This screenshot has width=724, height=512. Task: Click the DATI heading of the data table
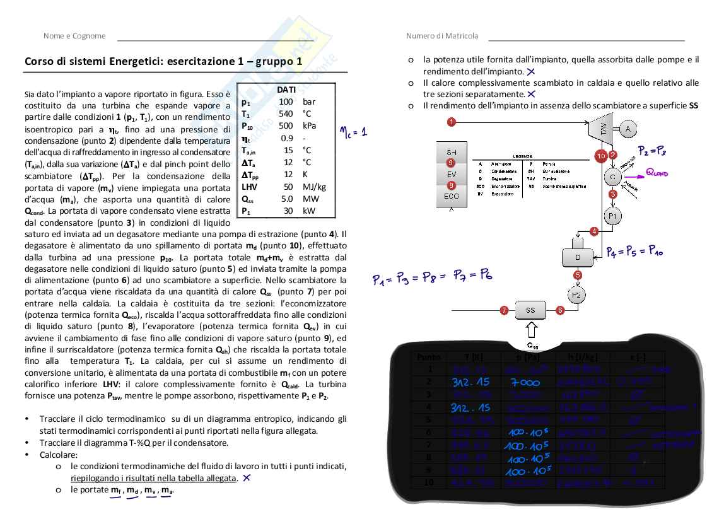(x=286, y=90)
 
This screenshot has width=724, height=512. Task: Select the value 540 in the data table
(x=286, y=113)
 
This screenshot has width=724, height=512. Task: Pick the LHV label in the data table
(x=248, y=187)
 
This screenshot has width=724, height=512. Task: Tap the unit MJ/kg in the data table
(x=313, y=187)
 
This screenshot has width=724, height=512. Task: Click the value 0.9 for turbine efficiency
(x=287, y=138)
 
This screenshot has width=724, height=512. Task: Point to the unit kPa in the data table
(x=309, y=125)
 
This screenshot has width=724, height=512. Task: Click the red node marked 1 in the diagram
(x=452, y=121)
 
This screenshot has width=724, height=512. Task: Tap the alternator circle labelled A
(x=628, y=129)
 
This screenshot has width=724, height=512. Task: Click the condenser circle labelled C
(x=612, y=177)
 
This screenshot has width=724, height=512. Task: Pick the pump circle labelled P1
(x=612, y=216)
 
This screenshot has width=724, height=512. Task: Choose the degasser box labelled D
(x=578, y=257)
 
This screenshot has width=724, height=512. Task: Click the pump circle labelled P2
(x=578, y=295)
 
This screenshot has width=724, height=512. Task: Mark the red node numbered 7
(x=504, y=310)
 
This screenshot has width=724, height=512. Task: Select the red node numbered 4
(x=593, y=231)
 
